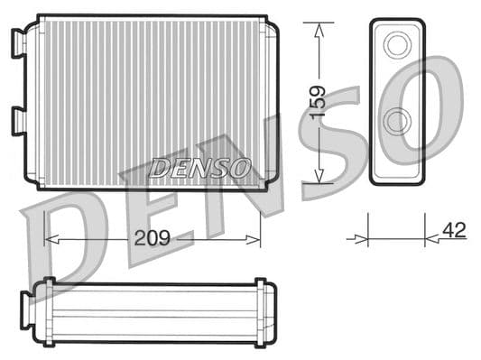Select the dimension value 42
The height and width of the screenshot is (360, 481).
(x=454, y=231)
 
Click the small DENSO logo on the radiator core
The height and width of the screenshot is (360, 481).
(x=199, y=168)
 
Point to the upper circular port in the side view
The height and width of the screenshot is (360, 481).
(x=396, y=45)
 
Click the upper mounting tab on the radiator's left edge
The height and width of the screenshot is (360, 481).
(x=17, y=42)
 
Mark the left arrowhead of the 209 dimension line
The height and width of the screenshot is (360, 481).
(x=51, y=240)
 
